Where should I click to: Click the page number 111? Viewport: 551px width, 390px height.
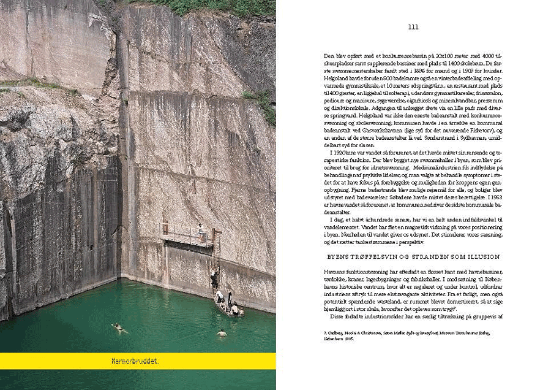pos(413,27)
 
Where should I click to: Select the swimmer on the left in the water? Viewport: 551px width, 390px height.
pos(119,328)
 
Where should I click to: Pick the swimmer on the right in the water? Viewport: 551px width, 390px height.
pos(222,333)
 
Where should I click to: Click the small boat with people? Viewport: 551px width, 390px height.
pos(228,307)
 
